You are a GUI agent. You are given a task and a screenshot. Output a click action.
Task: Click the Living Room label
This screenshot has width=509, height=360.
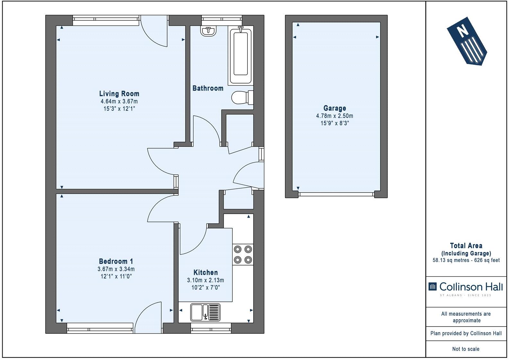pos(119,94)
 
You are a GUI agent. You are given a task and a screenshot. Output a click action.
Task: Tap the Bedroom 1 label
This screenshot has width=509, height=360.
pos(116,261)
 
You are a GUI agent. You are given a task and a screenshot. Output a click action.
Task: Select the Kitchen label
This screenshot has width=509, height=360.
pos(205,273)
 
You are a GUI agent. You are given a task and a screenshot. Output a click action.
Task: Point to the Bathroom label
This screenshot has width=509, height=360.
pos(208,88)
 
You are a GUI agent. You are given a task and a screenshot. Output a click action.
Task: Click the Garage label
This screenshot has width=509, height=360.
pos(335,108)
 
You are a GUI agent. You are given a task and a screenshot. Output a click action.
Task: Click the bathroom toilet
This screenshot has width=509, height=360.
pos(242,98)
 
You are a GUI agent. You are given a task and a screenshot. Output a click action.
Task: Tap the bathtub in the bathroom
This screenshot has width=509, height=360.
pos(241,56)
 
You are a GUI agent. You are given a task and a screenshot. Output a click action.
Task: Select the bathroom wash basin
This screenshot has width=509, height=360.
pos(208,31)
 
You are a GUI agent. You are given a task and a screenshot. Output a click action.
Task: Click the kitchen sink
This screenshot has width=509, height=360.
pos(205,312)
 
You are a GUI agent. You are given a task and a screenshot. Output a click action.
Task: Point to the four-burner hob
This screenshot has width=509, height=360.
pos(243,255)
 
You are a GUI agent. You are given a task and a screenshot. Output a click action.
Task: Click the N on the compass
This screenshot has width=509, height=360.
pos(462,31)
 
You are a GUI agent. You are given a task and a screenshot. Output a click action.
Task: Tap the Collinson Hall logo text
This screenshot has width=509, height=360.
pos(470,287)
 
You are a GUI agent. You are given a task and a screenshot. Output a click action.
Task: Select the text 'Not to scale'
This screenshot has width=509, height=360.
pos(466,349)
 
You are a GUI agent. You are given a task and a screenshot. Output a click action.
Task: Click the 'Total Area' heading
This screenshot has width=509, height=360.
pos(466,246)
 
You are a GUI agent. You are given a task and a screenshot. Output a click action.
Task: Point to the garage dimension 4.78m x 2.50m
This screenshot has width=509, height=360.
pos(335,116)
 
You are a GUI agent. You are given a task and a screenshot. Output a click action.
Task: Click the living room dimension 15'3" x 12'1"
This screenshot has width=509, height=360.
pos(119,109)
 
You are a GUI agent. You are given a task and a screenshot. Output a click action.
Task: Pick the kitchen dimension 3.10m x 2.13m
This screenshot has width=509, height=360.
pos(205,280)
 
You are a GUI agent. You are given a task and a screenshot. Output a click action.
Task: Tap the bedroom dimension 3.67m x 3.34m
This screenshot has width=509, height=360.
pos(116,269)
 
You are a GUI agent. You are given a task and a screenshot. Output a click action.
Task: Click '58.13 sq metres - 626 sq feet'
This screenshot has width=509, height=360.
pos(466,260)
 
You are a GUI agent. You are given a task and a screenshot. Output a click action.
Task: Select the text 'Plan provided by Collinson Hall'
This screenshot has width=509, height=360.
pos(466,333)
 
